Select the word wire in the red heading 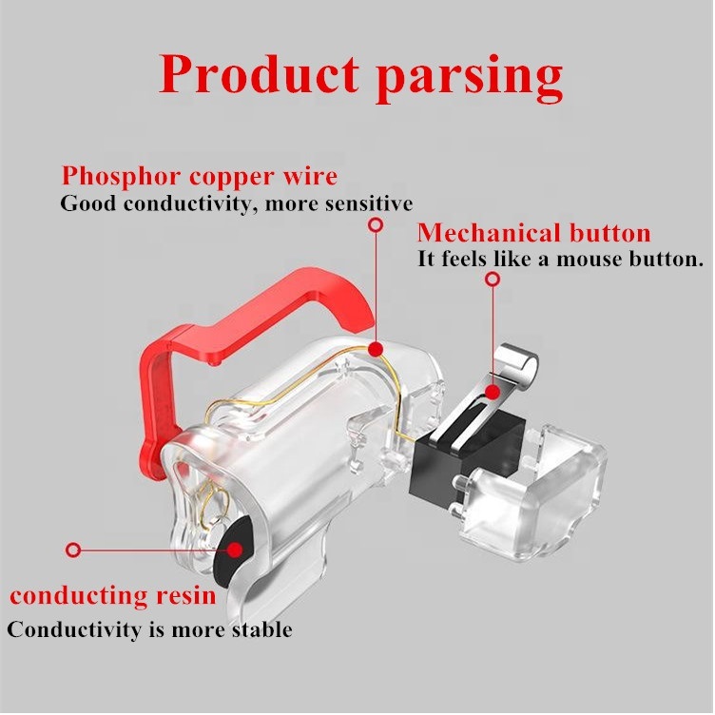coord(310,177)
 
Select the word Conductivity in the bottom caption coord(68,629)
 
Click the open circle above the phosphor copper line coord(376,225)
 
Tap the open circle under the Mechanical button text coord(493,279)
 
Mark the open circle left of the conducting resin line coord(73,550)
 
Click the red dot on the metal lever coord(492,390)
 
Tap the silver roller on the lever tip coord(520,359)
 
